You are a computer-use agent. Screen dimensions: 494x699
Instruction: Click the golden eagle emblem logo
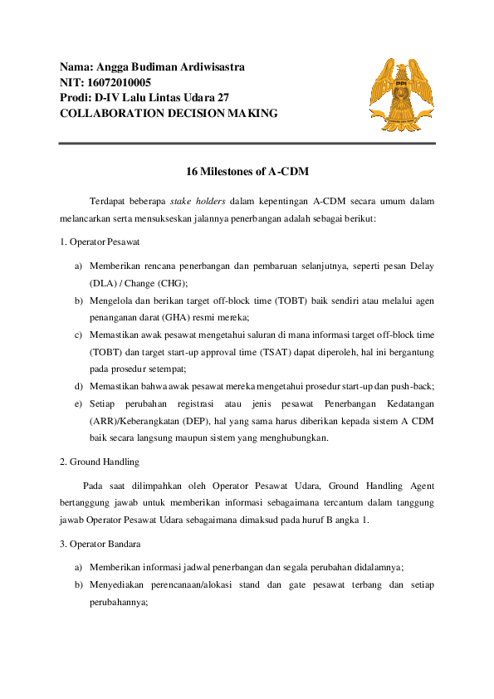point(401,90)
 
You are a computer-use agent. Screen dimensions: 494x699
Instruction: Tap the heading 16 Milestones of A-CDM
point(247,173)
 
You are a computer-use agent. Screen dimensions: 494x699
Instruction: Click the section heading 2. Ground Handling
point(99,461)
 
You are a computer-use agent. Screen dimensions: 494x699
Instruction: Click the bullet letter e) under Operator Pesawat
point(78,403)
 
